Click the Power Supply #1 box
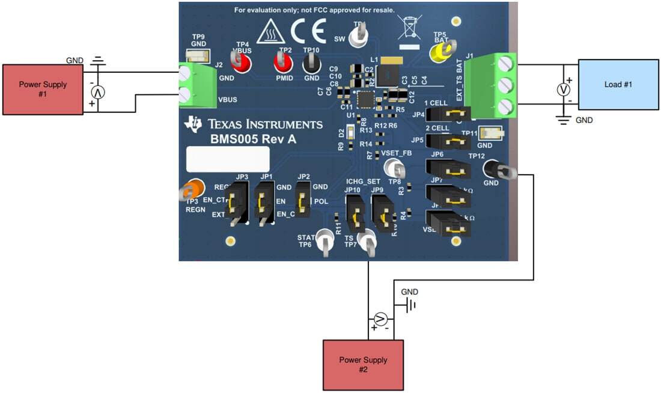pos(42,89)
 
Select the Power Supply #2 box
pos(363,364)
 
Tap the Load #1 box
pos(618,84)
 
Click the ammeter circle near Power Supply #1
pos(97,92)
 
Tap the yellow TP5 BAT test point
pos(440,52)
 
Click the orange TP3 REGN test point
pos(193,189)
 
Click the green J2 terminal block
pos(197,86)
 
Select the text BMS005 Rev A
pos(245,139)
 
